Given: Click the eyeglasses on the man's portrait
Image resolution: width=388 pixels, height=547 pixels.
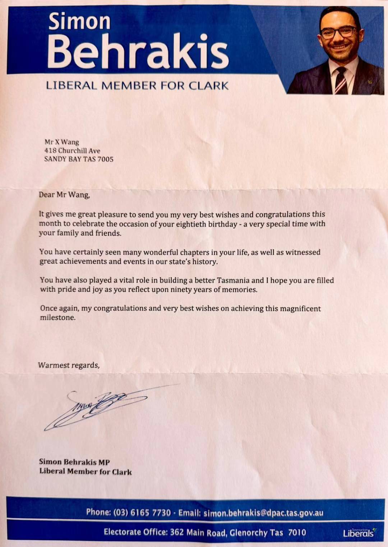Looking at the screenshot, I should point(338,33).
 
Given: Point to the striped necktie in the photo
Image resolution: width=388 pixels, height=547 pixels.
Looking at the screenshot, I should point(339,80).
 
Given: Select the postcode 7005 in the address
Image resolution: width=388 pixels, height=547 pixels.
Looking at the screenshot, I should point(106,159).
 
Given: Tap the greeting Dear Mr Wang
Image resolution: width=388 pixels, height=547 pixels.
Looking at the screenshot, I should point(64,195).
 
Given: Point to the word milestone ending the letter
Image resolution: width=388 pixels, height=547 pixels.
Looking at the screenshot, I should point(57,318).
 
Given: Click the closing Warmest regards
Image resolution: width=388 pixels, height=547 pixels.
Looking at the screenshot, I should point(69,365).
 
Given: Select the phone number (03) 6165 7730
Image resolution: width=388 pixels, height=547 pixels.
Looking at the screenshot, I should point(142,513).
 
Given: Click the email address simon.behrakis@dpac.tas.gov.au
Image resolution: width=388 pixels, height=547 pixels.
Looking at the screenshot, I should point(263,513).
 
